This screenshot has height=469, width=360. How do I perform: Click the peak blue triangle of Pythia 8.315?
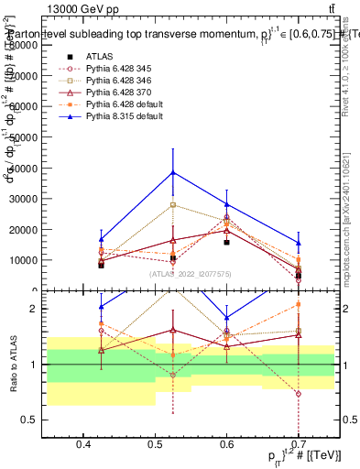click(173, 171)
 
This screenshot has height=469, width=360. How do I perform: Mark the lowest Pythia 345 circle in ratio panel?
click(297, 394)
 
